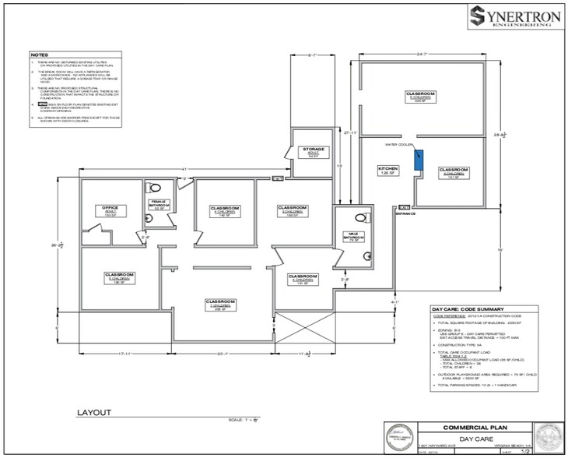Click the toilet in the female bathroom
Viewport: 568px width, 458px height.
155,187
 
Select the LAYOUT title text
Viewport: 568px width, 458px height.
93,412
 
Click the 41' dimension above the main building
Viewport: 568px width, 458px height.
182,169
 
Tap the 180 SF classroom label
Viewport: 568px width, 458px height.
120,278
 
